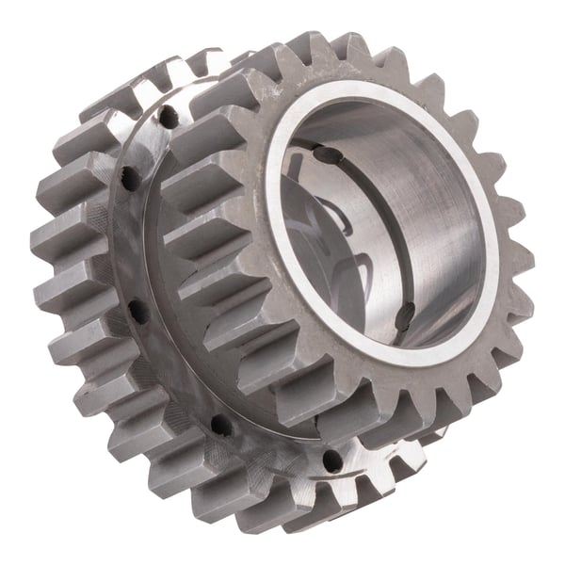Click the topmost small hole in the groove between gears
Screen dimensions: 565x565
(169, 119)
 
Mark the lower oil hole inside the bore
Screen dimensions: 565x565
(405, 312)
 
